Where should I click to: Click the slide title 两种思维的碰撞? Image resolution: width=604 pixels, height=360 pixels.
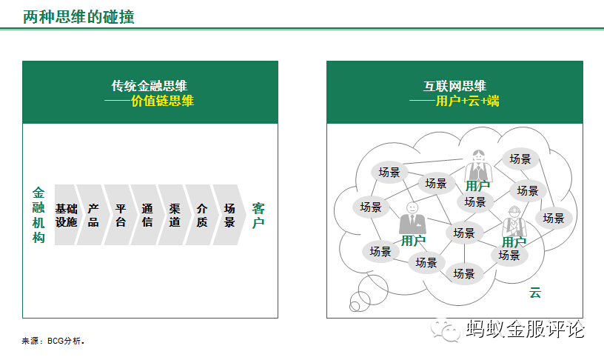click(78, 16)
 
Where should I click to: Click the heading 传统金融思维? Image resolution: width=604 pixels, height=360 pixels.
click(151, 86)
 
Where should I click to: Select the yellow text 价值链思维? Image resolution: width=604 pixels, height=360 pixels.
click(162, 101)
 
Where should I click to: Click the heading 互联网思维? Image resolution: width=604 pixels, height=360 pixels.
click(454, 86)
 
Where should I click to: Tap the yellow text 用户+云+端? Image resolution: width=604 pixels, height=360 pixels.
click(467, 101)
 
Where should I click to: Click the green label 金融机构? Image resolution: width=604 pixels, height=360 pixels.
click(38, 215)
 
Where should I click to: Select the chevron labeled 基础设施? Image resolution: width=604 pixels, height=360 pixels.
click(66, 215)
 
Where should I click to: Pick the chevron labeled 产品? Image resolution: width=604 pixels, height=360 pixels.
click(93, 215)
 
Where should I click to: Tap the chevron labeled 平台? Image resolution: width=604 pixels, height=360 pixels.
click(121, 215)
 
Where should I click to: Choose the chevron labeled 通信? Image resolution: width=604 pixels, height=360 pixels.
click(147, 215)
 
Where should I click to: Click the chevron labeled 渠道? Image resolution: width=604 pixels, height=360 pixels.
click(175, 215)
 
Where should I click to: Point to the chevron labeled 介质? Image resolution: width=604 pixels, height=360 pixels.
click(202, 215)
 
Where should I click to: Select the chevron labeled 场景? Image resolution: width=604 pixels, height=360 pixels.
click(229, 215)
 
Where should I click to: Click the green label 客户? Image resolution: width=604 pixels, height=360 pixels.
click(258, 215)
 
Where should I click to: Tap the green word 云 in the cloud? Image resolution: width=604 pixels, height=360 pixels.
click(535, 293)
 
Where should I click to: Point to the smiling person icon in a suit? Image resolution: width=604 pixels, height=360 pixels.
click(412, 219)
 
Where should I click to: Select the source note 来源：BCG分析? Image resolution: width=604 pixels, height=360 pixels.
click(53, 341)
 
